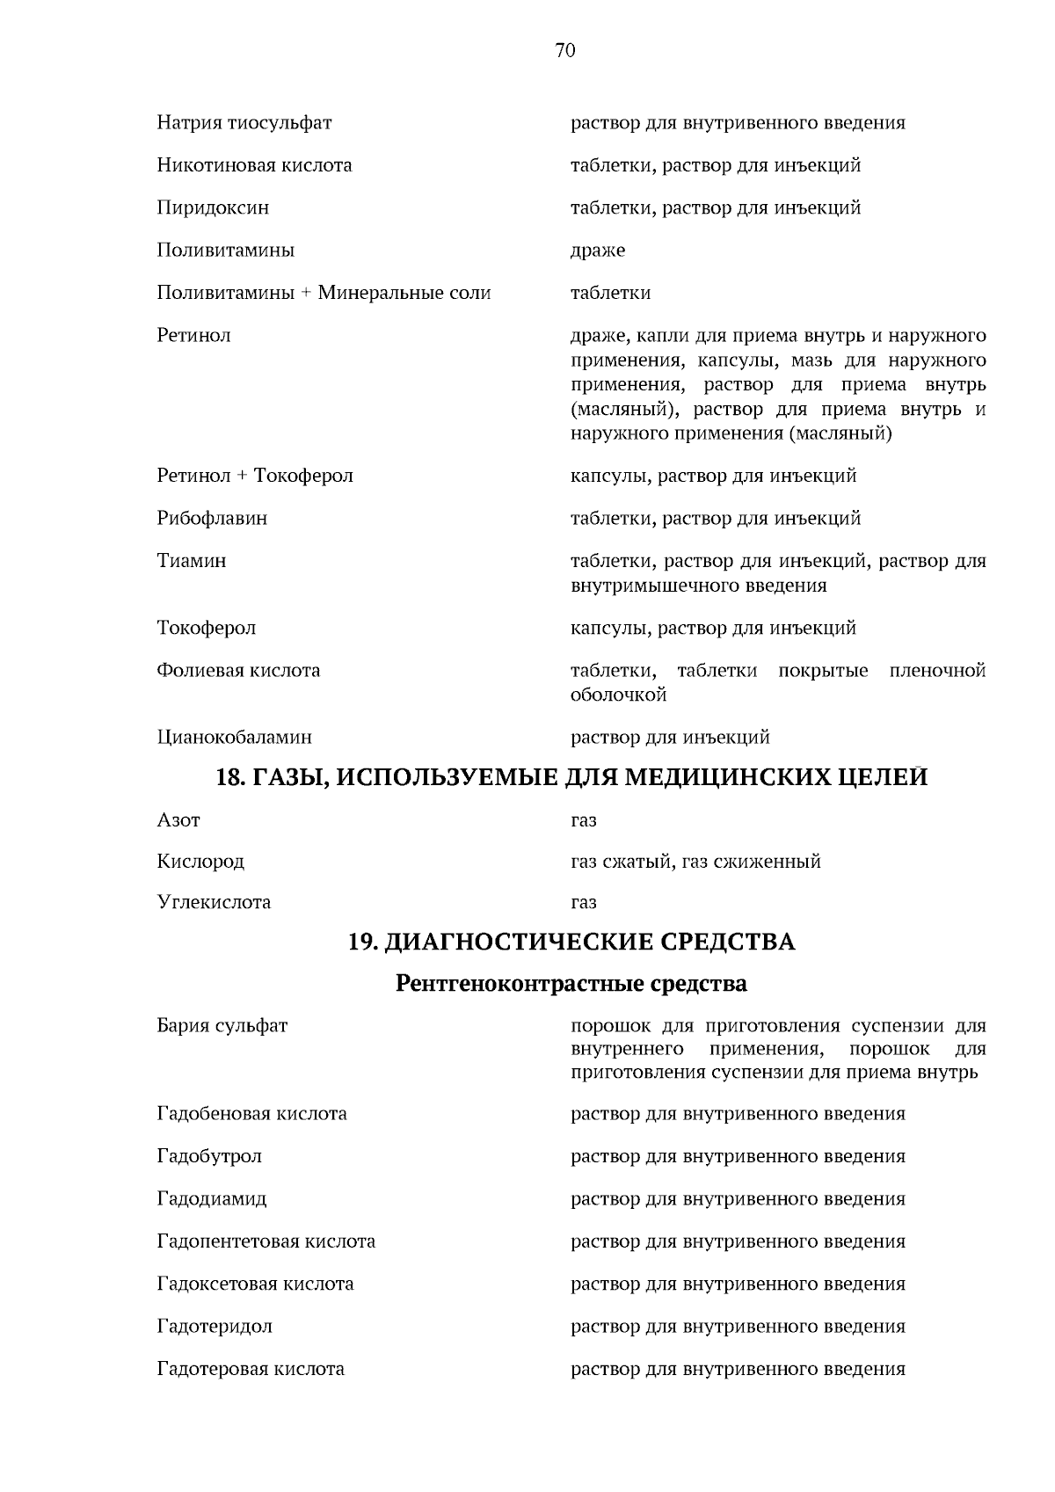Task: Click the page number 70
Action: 565,51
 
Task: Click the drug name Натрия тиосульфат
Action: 244,123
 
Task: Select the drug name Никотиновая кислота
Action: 254,165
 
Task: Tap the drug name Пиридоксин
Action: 213,208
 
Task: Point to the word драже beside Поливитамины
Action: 598,251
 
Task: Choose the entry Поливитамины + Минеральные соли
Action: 324,293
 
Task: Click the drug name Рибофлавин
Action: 212,519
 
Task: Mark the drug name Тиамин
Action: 192,561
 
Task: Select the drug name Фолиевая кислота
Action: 238,671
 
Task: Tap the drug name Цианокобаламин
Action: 234,737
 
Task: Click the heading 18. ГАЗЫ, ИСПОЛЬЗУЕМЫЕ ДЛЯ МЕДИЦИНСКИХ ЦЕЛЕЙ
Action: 572,778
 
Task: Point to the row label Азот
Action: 178,820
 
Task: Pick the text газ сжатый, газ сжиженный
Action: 695,862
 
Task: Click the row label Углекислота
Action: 214,903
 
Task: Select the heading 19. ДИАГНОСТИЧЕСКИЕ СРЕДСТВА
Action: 571,943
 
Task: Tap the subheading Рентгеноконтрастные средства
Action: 571,983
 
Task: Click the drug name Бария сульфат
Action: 222,1026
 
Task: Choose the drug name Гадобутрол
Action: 209,1157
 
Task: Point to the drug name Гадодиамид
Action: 212,1199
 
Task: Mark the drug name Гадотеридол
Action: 215,1327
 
